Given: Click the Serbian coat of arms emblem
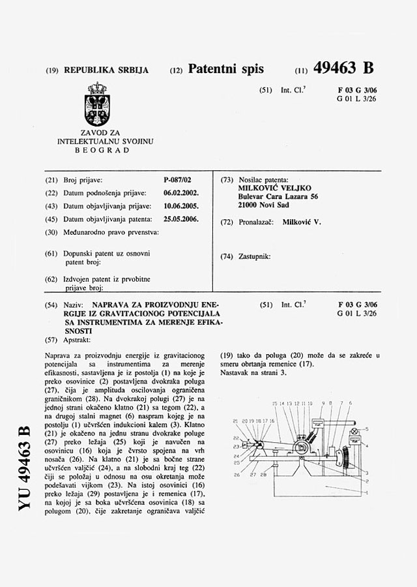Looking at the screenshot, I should (x=97, y=104).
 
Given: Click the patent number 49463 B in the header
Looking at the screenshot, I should (x=343, y=68).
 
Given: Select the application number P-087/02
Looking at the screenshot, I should (x=178, y=179).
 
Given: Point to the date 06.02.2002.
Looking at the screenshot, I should (x=182, y=193).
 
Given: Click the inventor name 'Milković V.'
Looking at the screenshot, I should (x=302, y=222).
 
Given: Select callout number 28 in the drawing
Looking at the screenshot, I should (x=263, y=475).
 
